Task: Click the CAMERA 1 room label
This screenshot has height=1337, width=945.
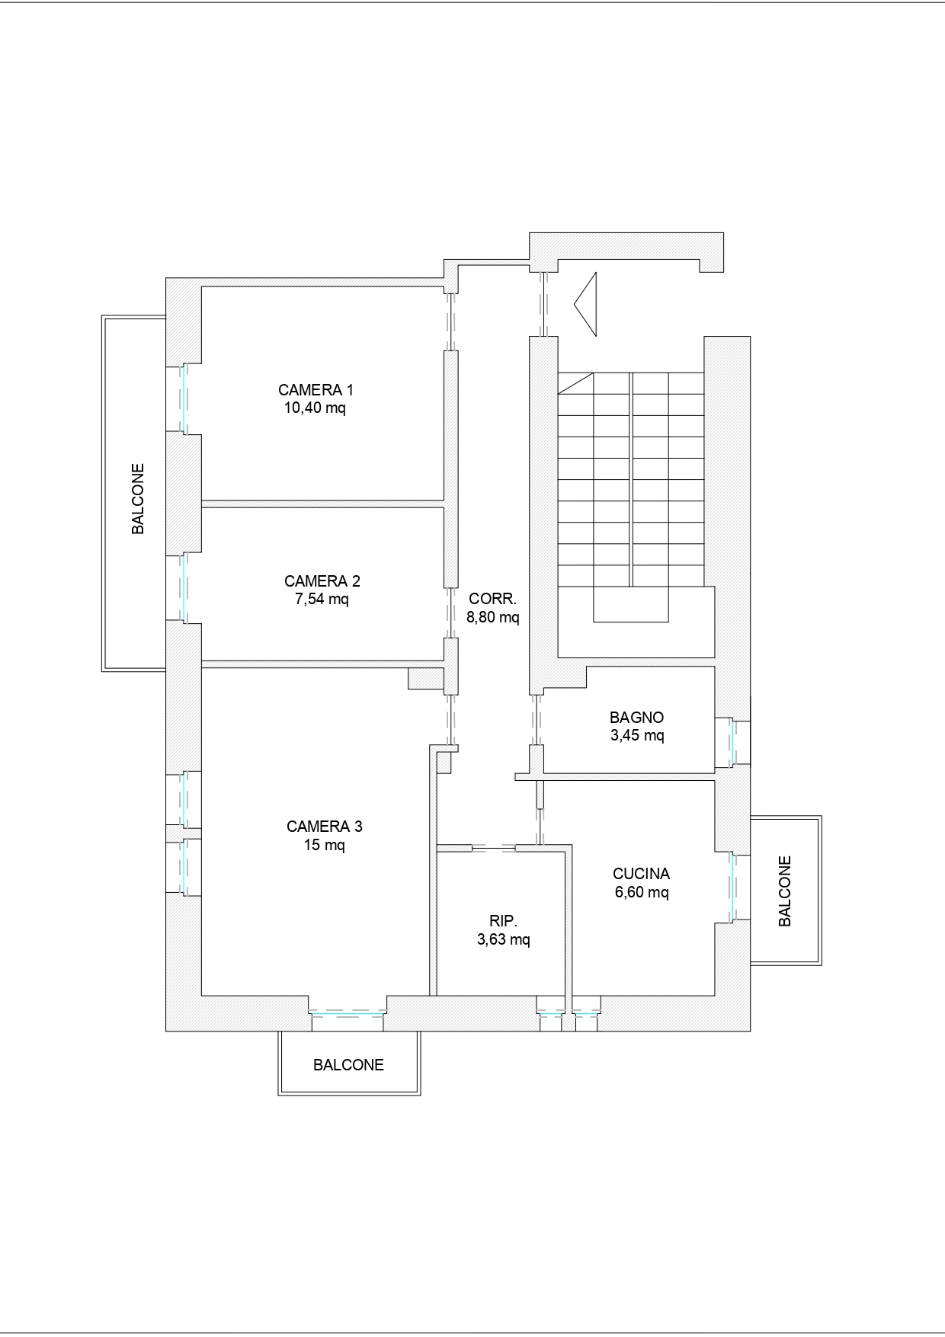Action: pos(316,390)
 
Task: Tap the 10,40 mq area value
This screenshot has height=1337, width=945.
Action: pos(316,408)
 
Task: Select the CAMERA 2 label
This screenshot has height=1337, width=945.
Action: pos(322,581)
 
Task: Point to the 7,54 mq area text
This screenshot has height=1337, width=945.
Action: pos(322,599)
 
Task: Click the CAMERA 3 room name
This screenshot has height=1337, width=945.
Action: pos(325,827)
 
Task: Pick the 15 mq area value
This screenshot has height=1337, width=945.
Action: pos(325,845)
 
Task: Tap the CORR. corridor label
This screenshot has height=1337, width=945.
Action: pos(493,599)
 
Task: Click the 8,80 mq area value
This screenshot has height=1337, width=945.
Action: pos(493,617)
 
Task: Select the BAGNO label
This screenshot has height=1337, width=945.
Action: pos(637,718)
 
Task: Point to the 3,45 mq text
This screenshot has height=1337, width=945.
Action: pos(637,736)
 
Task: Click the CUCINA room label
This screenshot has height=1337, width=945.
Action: pos(642,874)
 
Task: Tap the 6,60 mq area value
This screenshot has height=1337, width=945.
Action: pos(642,892)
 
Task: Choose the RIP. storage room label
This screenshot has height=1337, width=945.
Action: pos(504,921)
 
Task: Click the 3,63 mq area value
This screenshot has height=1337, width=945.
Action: pos(504,939)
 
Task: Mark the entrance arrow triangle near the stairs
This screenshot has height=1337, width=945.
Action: pos(585,304)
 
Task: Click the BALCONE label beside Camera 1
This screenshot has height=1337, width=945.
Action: pos(138,499)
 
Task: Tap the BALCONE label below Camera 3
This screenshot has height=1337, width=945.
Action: pos(349,1065)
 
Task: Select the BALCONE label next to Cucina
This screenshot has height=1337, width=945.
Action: pos(785,891)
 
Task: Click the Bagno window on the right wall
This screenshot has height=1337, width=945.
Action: pos(733,742)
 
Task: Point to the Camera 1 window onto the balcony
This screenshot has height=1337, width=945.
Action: pos(183,398)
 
